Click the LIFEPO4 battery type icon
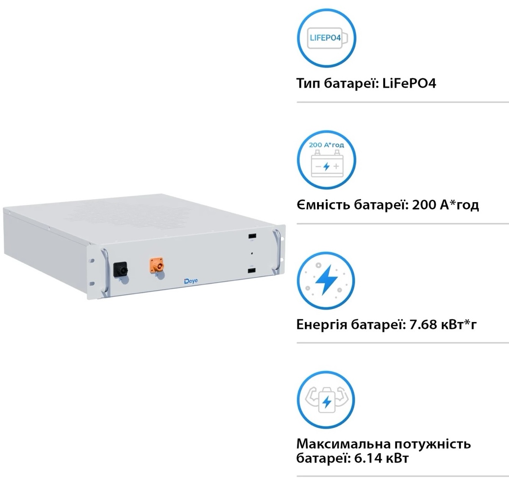pos(326,38)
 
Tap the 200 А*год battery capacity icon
pos(326,160)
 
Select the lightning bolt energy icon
pos(326,280)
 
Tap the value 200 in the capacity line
pos(424,205)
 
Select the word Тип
pos(308,84)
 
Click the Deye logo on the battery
pos(191,281)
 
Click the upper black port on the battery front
pos(252,236)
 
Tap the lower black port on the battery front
pos(252,271)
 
